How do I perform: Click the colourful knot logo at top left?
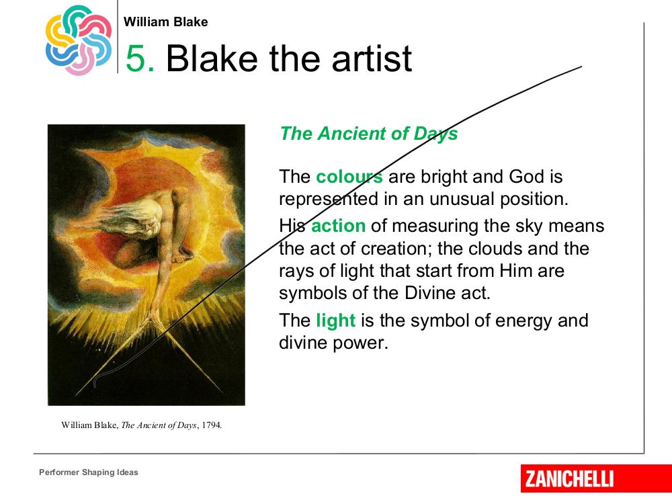pos(79,40)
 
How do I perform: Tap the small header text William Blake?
pos(165,22)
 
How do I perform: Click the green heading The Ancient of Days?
pos(368,134)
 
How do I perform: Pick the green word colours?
pos(349,177)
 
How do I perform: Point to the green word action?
pos(338,226)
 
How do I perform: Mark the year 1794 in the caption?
pos(211,425)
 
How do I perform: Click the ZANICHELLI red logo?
pos(596,478)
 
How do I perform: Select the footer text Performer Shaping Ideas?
pos(89,472)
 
